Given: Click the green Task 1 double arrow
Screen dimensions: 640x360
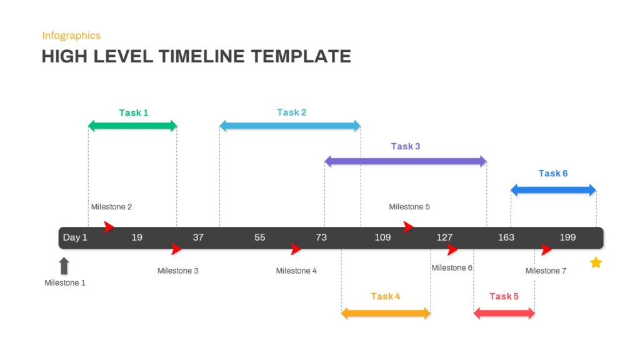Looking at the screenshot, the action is coord(132,126).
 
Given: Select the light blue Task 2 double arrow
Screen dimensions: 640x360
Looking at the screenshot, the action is coord(290,126).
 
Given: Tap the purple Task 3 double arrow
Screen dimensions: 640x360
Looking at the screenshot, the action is coord(406,161).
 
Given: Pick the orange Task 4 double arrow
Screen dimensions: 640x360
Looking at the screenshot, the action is coord(386,314).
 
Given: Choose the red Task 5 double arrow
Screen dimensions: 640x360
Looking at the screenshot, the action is coord(504,314).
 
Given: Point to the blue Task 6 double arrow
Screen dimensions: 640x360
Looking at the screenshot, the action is coord(554,190).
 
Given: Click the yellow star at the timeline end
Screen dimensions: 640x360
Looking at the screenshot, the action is coord(596,262).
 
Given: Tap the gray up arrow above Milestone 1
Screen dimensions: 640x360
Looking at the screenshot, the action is coord(64,266).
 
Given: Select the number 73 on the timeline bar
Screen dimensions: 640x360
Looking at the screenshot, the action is coord(321,237).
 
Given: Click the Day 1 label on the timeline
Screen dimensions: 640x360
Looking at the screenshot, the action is coord(75,237).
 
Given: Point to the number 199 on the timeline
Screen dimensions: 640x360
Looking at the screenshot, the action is coord(567,237).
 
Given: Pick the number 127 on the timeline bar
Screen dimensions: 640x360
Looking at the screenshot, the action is coord(444,237).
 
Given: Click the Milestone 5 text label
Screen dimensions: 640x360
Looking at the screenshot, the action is coord(409,207).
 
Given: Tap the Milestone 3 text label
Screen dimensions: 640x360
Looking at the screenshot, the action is coord(178,271).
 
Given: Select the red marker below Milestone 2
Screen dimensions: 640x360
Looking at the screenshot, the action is coord(109,226).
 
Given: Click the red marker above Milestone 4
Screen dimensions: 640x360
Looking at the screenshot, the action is coord(296,249).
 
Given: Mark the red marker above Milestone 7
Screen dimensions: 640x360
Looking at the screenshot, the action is coord(546,249).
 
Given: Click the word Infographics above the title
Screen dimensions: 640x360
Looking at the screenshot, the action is coord(71,36).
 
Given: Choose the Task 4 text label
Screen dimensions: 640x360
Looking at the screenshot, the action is coord(386,296).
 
